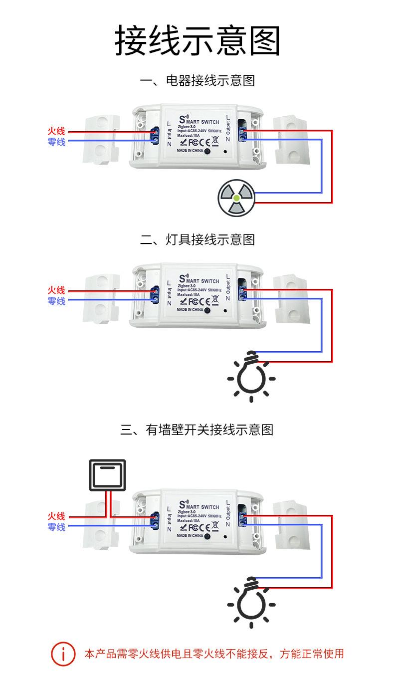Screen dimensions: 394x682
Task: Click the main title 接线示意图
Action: coord(197,40)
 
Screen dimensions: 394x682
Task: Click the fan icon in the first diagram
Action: coord(236,198)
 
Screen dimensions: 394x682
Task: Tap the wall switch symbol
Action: coord(107,474)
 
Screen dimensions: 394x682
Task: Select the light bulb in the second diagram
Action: coord(251,377)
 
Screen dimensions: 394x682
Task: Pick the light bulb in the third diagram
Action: coord(251,603)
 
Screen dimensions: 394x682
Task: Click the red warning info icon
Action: coord(63,654)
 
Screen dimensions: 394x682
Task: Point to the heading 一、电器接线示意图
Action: coord(197,81)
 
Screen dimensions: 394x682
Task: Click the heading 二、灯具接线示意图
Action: coord(197,239)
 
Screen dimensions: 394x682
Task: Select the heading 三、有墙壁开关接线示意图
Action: coord(197,430)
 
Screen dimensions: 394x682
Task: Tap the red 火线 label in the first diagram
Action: coord(56,131)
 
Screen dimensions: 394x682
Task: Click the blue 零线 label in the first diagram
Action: coord(56,142)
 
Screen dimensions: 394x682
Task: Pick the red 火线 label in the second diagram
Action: coord(56,290)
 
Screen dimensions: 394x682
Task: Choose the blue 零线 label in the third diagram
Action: coord(56,527)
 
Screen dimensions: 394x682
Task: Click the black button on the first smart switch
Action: coord(207,151)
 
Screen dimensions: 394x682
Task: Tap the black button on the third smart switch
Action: coord(207,536)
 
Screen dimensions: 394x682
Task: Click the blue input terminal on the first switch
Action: coord(155,136)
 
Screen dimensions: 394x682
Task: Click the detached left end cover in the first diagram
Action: coord(101,140)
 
